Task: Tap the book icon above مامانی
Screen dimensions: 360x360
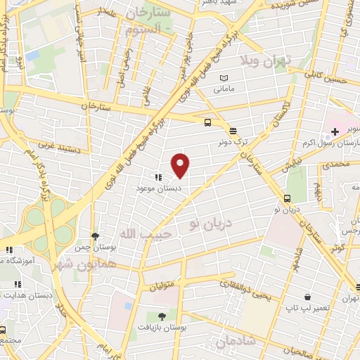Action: (x=224, y=77)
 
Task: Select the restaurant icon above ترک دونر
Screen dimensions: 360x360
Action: (x=232, y=131)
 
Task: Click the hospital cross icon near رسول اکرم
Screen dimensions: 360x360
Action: (x=335, y=131)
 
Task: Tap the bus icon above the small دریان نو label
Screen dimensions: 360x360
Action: (x=287, y=198)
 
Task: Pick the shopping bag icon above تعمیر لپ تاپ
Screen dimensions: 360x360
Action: (x=307, y=297)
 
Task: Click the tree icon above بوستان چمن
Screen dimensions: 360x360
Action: (x=95, y=236)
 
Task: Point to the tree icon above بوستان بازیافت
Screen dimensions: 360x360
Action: (x=162, y=316)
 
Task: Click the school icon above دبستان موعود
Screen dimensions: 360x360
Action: (x=158, y=178)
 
